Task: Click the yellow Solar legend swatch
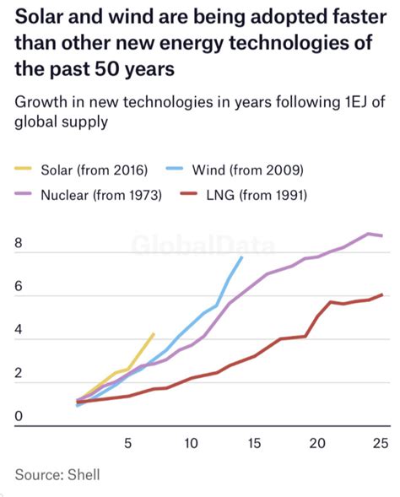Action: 28,170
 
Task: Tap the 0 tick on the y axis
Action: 19,415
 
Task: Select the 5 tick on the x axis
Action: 127,443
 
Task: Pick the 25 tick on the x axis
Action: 379,443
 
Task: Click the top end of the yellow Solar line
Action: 153,334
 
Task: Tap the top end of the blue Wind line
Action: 242,257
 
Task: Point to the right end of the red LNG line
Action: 383,294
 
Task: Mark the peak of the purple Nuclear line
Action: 369,234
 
